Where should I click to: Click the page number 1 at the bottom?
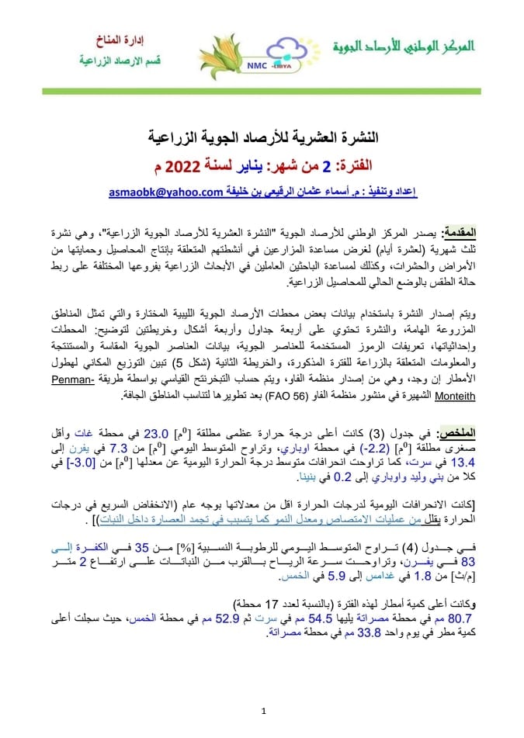(x=263, y=709)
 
